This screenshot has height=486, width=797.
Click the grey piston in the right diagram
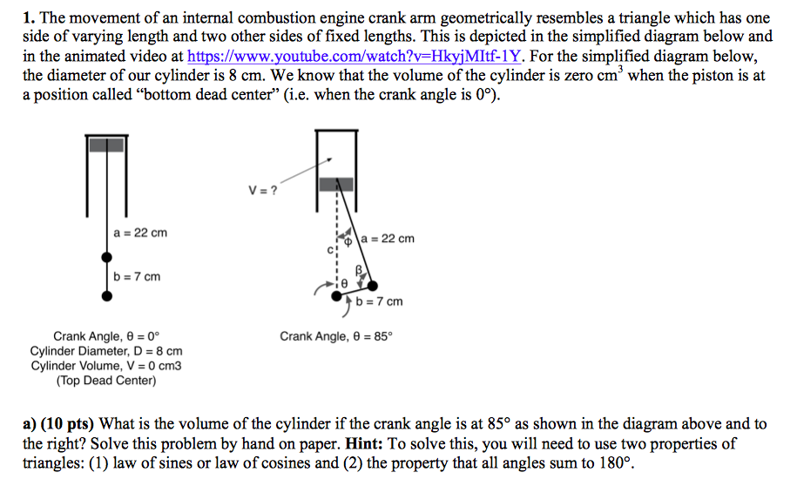tap(336, 185)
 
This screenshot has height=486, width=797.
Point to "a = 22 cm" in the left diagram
tap(140, 233)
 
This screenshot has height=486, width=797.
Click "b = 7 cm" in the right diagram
tap(380, 301)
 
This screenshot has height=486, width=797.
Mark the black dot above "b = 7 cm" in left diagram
tap(106, 257)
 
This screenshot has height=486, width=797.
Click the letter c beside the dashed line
tap(329, 250)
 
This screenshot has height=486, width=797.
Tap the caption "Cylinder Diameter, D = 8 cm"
tap(106, 351)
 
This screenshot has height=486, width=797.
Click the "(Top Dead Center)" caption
tap(106, 380)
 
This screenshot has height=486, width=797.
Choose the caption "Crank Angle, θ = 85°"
tap(336, 336)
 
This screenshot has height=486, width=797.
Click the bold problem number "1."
tap(29, 17)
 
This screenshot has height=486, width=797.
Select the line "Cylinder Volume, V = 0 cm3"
tap(106, 366)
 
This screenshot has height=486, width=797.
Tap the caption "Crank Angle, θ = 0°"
tap(106, 336)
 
